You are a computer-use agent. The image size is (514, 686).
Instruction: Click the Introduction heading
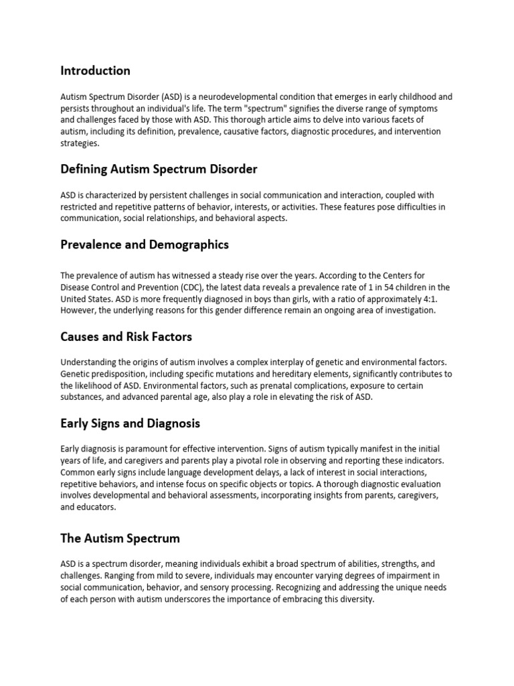95,70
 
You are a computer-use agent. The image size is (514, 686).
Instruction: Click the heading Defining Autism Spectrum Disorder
159,169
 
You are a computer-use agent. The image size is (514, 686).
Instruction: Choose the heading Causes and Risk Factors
126,336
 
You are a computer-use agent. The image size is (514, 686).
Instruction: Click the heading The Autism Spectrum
120,539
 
